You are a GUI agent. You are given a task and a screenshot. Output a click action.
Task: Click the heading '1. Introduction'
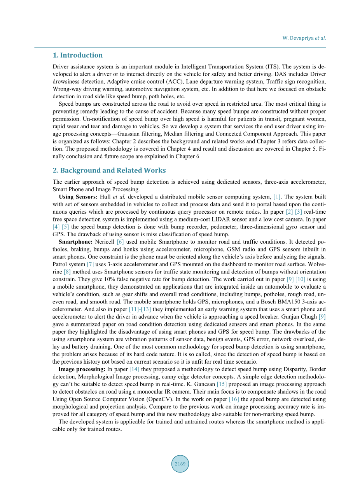click(78, 55)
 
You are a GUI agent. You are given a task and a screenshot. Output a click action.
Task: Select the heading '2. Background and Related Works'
click(109, 170)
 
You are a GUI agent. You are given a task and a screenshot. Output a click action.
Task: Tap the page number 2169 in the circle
click(180, 464)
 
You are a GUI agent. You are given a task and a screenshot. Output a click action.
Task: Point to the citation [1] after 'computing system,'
click(277, 197)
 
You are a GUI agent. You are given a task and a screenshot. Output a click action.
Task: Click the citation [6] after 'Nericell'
click(120, 241)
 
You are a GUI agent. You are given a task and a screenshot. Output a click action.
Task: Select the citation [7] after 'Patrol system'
click(90, 264)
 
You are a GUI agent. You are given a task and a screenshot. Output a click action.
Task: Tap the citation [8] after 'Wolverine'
click(67, 272)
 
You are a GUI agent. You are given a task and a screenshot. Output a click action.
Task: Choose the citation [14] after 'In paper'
click(134, 369)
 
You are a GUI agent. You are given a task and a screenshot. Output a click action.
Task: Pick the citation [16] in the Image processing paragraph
click(234, 399)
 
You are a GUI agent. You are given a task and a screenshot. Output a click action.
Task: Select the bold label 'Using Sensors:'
click(78, 197)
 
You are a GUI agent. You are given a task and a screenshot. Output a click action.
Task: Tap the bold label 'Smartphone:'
click(75, 241)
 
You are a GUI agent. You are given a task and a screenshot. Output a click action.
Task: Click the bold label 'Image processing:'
click(82, 369)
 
